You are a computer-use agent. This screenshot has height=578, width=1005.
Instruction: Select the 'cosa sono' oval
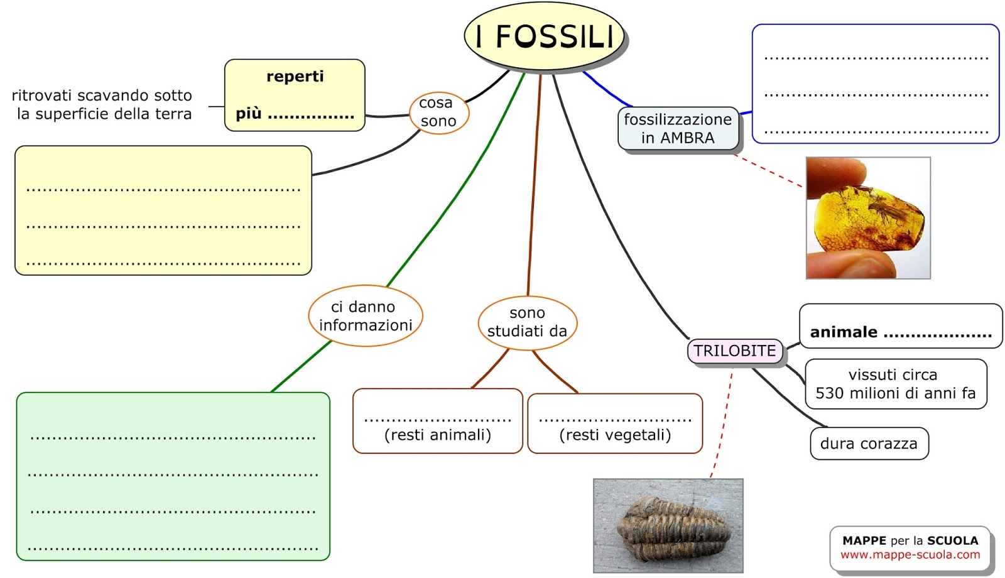pos(438,112)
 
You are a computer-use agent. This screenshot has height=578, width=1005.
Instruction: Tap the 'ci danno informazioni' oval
pos(366,316)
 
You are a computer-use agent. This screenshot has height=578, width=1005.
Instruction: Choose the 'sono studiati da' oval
pos(527,322)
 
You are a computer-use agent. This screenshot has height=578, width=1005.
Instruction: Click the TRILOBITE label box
pos(734,351)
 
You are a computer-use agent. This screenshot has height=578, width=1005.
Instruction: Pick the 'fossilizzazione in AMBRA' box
pos(678,129)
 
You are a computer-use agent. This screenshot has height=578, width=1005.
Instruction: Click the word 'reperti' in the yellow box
pos(295,77)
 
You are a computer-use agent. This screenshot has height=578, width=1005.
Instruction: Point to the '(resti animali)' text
pos(438,435)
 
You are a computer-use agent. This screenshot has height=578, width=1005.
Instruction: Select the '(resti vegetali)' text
pos(615,435)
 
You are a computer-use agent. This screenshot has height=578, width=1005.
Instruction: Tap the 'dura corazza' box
pos(869,444)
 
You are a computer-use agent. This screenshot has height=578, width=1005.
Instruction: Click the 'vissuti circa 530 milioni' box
pos(895,384)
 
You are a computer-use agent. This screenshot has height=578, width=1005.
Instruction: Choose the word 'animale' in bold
pos(844,332)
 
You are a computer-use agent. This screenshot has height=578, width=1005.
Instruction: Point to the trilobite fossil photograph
pos(668,526)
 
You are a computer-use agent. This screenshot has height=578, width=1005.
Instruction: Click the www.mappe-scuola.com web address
pos(910,555)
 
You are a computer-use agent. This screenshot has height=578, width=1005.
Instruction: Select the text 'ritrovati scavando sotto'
pos(102,95)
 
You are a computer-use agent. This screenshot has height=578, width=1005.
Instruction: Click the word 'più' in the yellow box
pos(248,114)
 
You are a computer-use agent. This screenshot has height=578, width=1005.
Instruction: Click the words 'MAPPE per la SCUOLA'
pos(910,540)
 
